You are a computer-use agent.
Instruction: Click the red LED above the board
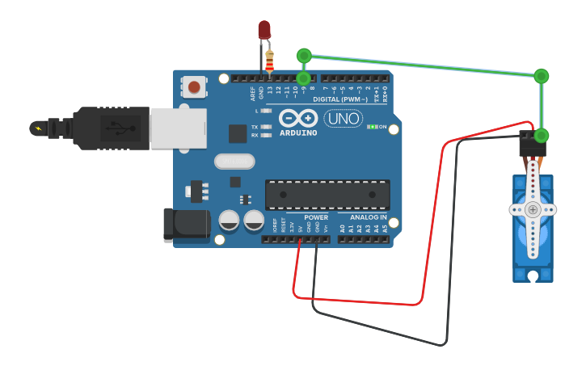(x=264, y=31)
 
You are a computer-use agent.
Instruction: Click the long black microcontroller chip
(x=327, y=195)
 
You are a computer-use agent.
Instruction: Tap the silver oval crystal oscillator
(x=234, y=162)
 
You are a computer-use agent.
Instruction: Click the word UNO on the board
(x=343, y=119)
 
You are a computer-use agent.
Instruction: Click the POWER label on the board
(x=316, y=217)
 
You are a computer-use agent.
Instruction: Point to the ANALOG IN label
(x=369, y=217)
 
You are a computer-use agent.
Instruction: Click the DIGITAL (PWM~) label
(x=343, y=99)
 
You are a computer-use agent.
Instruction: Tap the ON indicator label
(x=382, y=127)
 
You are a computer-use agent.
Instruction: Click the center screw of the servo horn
(x=533, y=209)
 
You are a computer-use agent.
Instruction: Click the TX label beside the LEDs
(x=255, y=127)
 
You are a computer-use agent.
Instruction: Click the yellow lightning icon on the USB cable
(x=37, y=128)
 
